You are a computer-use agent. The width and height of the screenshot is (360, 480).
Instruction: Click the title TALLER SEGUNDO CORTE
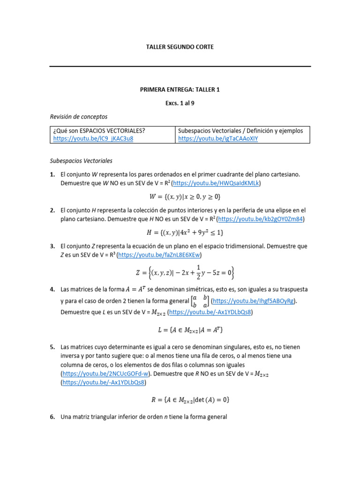tap(180, 47)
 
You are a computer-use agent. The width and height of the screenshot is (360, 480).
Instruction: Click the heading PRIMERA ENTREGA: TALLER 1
tap(180, 90)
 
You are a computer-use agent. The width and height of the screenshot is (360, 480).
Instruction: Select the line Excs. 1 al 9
tap(180, 103)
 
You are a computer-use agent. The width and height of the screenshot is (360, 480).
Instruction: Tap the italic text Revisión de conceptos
tap(79, 116)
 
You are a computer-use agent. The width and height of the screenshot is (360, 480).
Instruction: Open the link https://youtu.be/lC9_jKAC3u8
tap(93, 139)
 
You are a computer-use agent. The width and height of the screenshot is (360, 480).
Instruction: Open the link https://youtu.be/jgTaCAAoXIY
tap(218, 139)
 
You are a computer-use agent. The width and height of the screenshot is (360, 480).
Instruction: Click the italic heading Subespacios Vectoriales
tap(81, 161)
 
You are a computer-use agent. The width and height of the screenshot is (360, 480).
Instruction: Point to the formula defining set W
tap(180, 196)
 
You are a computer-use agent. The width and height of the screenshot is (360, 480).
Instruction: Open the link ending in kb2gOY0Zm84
tap(261, 219)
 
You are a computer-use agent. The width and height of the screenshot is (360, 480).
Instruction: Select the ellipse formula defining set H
tap(180, 232)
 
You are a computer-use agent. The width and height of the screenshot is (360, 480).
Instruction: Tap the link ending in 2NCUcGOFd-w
tap(106, 374)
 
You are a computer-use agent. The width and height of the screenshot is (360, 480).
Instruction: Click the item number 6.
tap(53, 416)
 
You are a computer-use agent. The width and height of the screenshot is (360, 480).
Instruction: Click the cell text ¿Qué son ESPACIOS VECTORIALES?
tap(99, 130)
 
